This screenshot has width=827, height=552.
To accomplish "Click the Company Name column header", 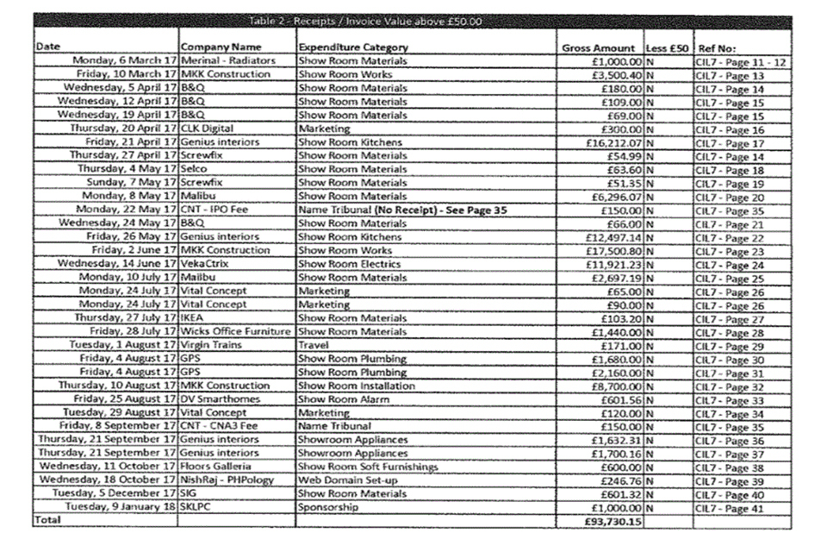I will (x=221, y=47).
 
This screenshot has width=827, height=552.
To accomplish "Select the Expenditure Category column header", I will (x=352, y=47).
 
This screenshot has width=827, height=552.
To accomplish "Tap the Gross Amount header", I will (x=598, y=48).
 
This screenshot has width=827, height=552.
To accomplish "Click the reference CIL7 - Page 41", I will (x=729, y=508).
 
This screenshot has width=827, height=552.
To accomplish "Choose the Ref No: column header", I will (x=717, y=48).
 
